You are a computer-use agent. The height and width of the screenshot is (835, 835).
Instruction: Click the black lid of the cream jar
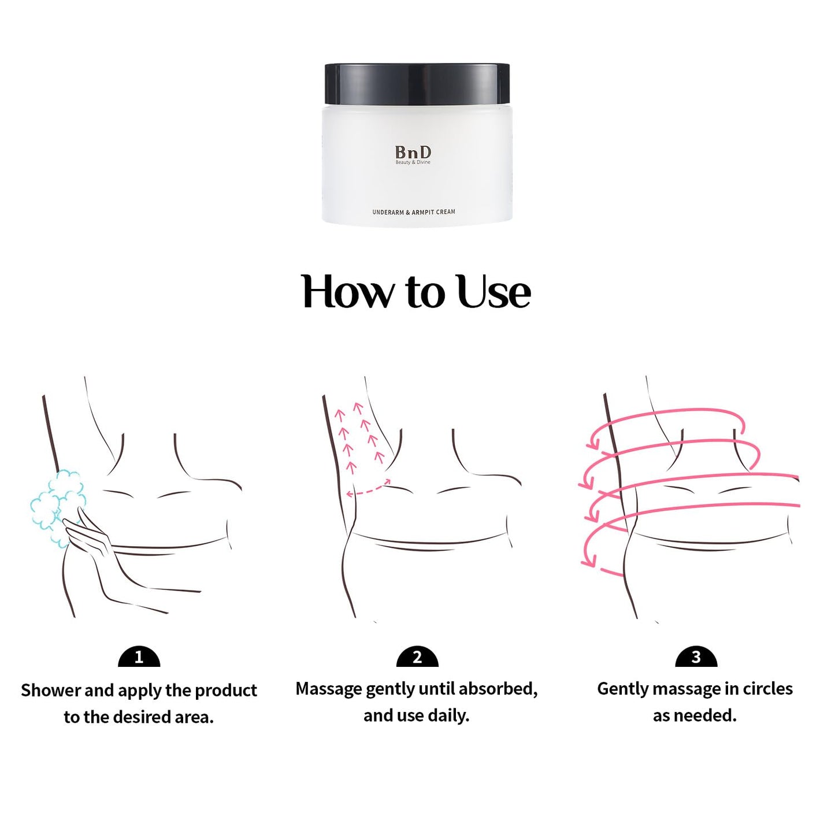click(417, 84)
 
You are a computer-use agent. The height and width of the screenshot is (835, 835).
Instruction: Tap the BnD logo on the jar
click(413, 153)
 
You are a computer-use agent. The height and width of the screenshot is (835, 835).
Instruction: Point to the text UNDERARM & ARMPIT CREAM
click(413, 212)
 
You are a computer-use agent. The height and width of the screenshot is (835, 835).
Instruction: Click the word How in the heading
click(347, 292)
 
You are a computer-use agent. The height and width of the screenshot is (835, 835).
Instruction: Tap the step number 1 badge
click(139, 657)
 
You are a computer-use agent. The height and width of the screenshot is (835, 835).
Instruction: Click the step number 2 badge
click(417, 657)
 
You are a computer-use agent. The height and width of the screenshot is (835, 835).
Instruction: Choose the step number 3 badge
click(696, 657)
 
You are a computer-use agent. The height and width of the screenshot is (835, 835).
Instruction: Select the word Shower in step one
click(51, 691)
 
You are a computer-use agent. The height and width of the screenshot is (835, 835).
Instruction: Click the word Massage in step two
click(329, 689)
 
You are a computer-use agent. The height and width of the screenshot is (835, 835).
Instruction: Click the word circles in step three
click(767, 689)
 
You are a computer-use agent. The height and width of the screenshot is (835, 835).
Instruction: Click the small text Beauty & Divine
click(413, 162)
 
